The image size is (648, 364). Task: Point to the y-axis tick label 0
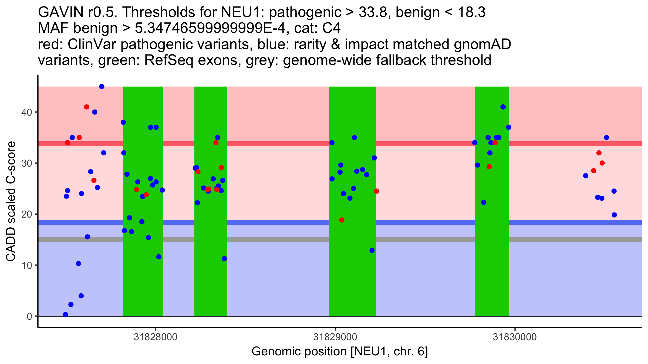(x=29, y=316)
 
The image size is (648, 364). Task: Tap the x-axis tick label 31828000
(x=156, y=337)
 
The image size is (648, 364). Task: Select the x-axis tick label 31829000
(x=335, y=337)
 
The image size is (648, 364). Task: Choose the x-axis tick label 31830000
(x=515, y=337)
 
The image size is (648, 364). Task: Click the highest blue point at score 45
(x=102, y=87)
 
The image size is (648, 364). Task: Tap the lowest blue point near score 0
(x=65, y=314)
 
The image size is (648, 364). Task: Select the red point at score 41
(x=86, y=107)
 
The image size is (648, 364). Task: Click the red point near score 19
(x=342, y=220)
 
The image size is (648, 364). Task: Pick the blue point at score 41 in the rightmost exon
(x=503, y=107)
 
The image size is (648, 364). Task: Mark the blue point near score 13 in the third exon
(x=372, y=250)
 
